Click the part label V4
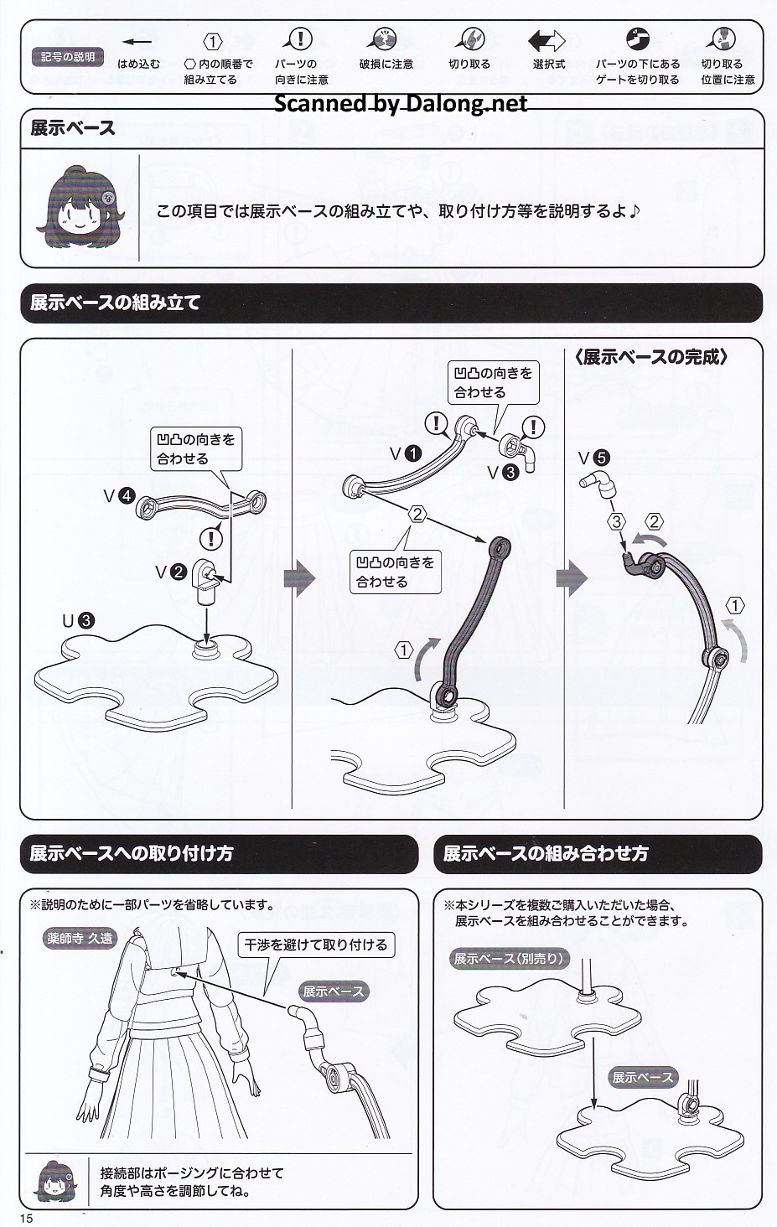click(x=119, y=496)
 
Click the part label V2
click(x=171, y=572)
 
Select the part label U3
click(x=78, y=621)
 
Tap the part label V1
click(x=405, y=454)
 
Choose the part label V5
click(x=593, y=458)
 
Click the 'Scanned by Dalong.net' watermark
click(x=401, y=104)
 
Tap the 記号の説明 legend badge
click(x=68, y=57)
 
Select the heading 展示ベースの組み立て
click(x=116, y=303)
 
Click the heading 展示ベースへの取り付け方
click(x=132, y=854)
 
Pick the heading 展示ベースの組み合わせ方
click(x=546, y=854)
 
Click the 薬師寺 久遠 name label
click(x=80, y=939)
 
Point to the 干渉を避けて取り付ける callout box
click(x=316, y=945)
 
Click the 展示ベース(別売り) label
click(x=509, y=959)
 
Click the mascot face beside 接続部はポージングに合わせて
click(x=54, y=1180)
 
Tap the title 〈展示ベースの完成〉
click(x=650, y=357)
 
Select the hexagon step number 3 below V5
click(x=617, y=521)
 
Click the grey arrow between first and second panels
click(x=299, y=578)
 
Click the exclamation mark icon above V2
click(x=211, y=538)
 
